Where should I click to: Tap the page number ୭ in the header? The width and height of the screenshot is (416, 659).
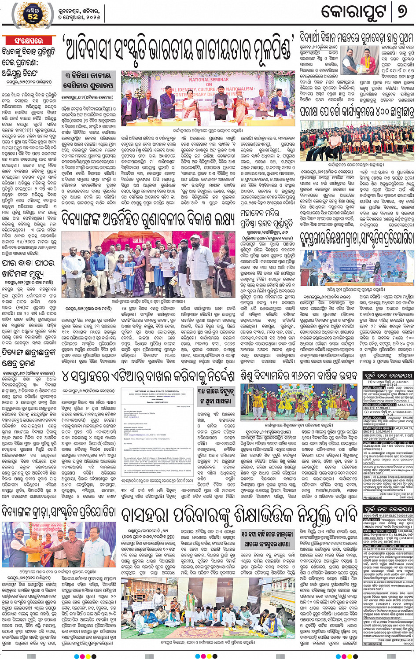pyautogui.click(x=401, y=12)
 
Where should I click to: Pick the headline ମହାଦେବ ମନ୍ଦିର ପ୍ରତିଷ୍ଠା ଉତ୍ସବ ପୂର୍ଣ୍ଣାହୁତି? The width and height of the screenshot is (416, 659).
pyautogui.click(x=266, y=219)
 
